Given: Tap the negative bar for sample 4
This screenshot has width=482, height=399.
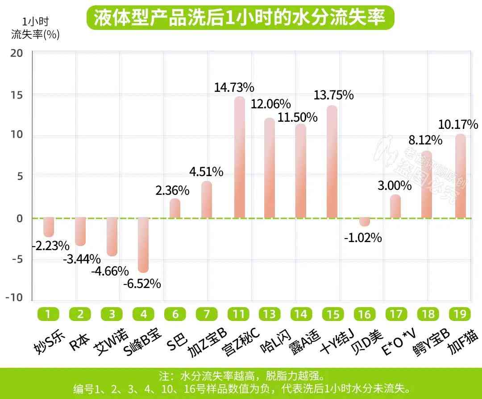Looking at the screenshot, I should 143,245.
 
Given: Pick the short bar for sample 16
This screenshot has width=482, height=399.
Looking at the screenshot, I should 365,222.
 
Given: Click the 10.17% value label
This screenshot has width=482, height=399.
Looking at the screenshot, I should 458,124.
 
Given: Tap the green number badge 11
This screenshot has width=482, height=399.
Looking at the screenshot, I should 238,314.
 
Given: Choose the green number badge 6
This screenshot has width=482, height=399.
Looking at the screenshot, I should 175,314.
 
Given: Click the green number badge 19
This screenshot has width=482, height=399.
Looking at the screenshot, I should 460,314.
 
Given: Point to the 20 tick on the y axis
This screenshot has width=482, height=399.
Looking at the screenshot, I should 17,53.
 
